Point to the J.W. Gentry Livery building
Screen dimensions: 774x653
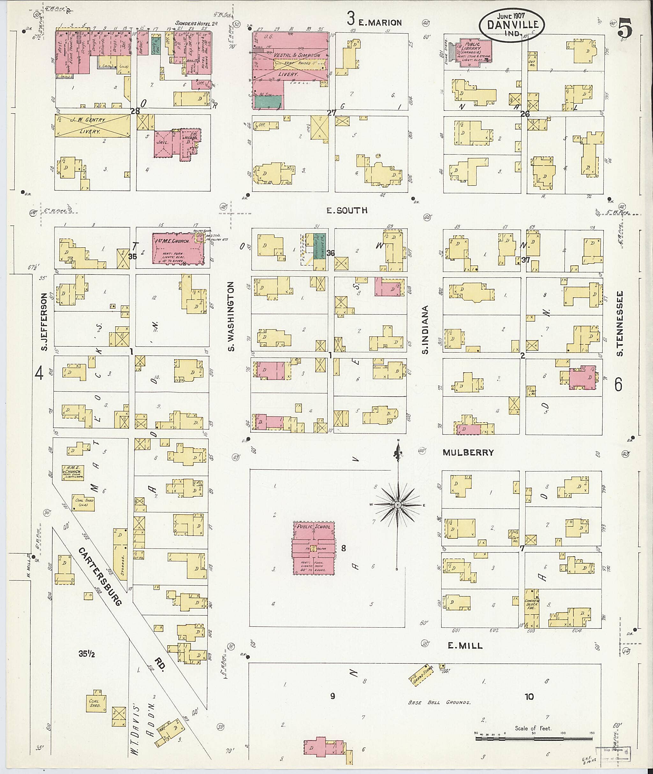(92, 126)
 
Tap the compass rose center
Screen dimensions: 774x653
(398, 505)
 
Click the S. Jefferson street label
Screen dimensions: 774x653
(44, 322)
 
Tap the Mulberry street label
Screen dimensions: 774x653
(469, 452)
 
